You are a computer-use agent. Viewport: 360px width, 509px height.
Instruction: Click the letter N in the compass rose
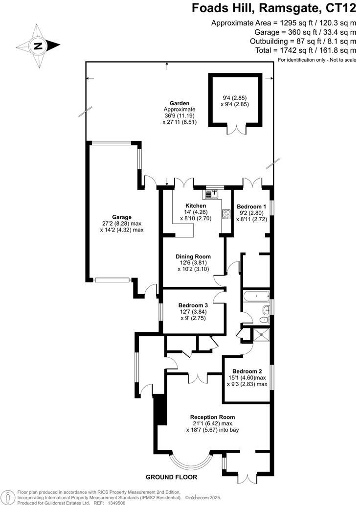click(x=37, y=46)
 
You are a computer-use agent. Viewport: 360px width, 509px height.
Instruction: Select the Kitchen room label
click(x=195, y=206)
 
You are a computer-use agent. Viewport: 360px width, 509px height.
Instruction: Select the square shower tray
click(x=260, y=334)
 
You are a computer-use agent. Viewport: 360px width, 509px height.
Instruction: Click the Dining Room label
click(x=193, y=256)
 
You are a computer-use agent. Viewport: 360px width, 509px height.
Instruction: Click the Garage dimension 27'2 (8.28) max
click(x=115, y=223)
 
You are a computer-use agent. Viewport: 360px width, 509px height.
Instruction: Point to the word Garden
click(x=179, y=103)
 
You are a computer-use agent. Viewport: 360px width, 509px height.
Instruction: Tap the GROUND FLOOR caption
click(x=178, y=477)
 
